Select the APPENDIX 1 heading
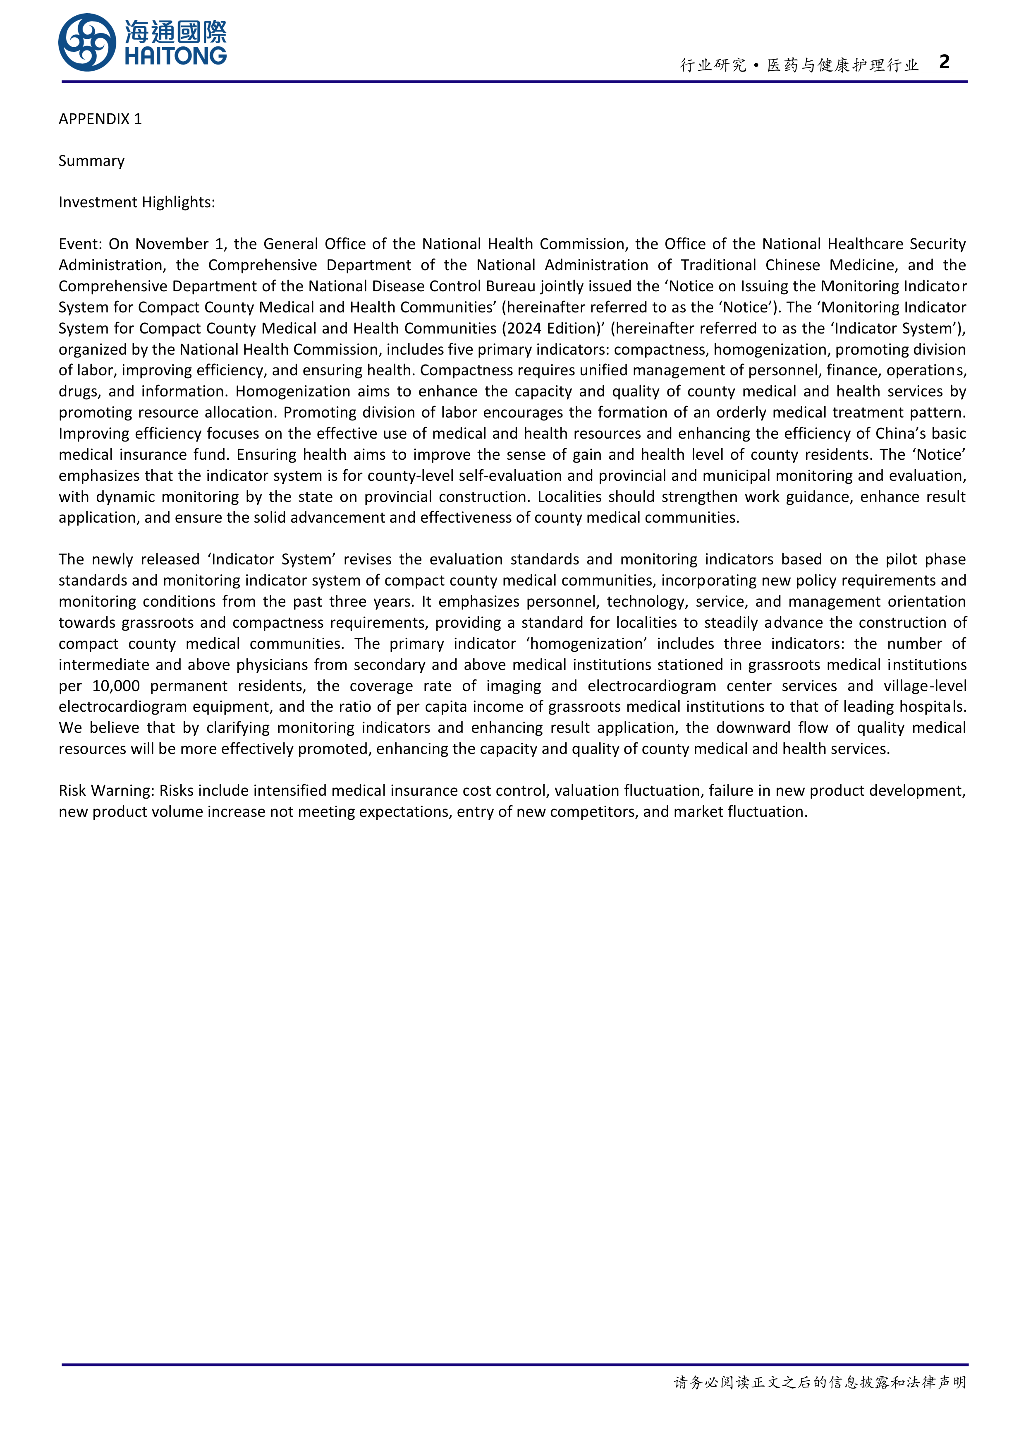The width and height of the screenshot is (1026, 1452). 100,119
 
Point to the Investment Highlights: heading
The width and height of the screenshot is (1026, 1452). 136,202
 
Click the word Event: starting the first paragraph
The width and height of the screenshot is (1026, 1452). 80,244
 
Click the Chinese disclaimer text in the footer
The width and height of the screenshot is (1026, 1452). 820,1382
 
